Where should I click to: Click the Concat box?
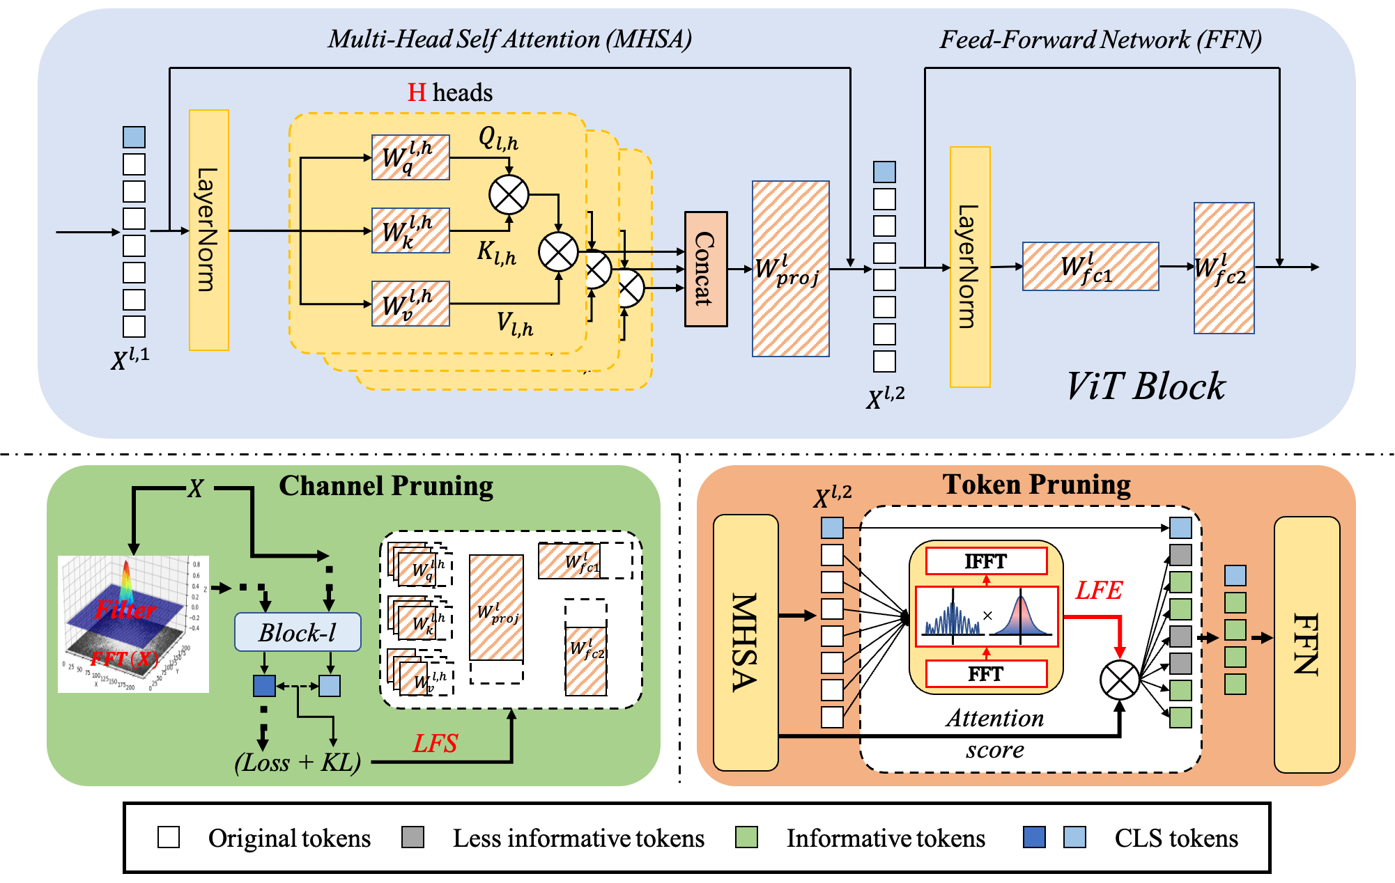coord(706,269)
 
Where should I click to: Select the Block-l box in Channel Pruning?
coord(298,632)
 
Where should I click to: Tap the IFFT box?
coord(986,561)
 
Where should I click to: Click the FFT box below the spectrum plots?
coord(986,674)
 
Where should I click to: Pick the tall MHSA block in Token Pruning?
coord(746,642)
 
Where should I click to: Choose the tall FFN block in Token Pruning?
coord(1307,644)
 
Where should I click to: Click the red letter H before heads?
coord(417,93)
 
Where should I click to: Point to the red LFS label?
coord(436,744)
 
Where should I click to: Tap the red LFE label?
coord(1099,591)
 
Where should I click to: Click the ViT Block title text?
coord(1146,386)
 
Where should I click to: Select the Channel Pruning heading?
coord(386,486)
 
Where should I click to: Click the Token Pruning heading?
coord(1036,485)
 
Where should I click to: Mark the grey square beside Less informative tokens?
coord(413,837)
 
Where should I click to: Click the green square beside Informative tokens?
coord(746,837)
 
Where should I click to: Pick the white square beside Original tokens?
coord(169,837)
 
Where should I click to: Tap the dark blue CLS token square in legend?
coord(1034,837)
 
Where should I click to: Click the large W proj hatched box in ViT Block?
coord(790,269)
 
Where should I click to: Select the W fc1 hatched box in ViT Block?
coord(1090,266)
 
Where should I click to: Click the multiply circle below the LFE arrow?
coord(1119,680)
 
